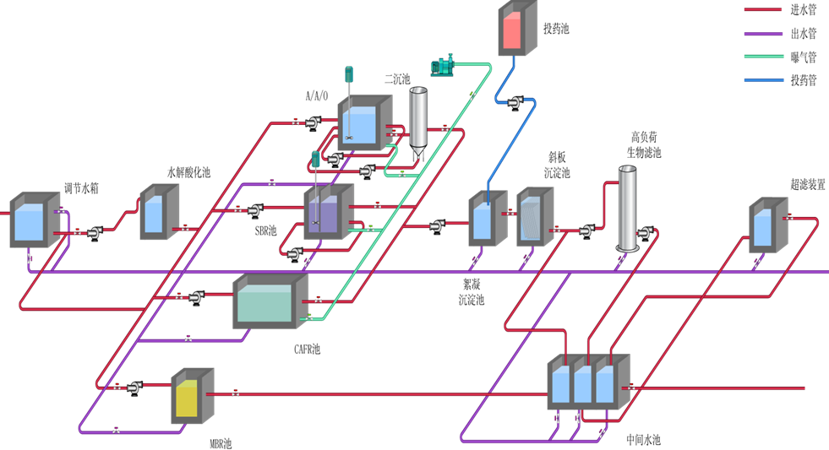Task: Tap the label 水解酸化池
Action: [x=188, y=172]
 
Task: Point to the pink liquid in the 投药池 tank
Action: [x=512, y=30]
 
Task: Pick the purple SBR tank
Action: [x=323, y=214]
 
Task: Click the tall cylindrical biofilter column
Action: [x=627, y=208]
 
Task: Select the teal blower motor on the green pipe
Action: [x=443, y=63]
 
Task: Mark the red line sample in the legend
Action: [x=761, y=10]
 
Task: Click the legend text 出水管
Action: [x=803, y=34]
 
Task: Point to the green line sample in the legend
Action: [x=761, y=57]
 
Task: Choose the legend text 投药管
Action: [x=803, y=81]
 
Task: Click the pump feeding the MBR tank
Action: [x=135, y=387]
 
